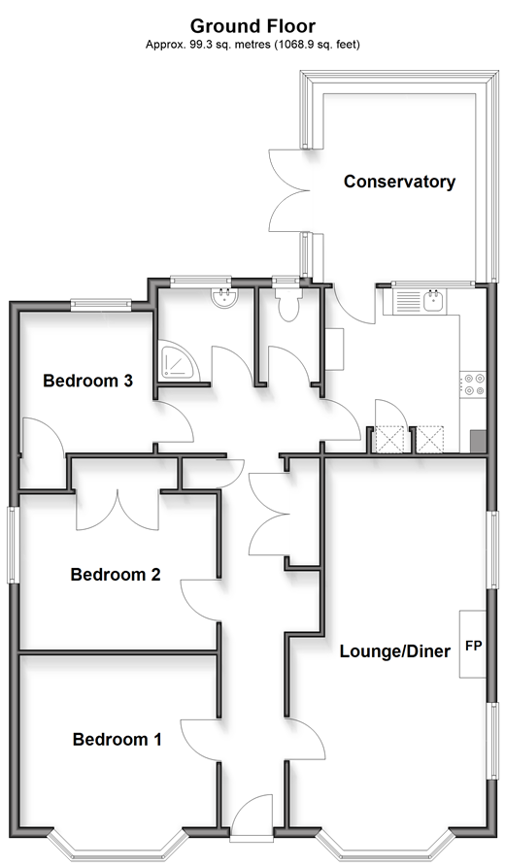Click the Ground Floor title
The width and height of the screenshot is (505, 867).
tap(252, 26)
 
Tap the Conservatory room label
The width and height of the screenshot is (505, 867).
tap(399, 182)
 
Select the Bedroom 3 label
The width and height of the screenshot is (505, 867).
tap(88, 381)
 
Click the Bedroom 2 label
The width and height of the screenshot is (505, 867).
tap(116, 575)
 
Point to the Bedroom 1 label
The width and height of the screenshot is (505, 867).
tap(118, 739)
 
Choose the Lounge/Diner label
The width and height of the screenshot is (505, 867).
tap(395, 650)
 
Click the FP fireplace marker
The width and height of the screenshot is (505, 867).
tap(474, 645)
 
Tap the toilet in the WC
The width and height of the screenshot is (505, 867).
tap(288, 305)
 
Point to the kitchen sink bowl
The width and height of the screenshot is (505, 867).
tap(434, 301)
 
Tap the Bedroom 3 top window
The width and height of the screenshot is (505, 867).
tap(101, 303)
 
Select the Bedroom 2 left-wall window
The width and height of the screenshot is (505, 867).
tap(13, 544)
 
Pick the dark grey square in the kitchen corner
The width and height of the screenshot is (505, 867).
tap(478, 442)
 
